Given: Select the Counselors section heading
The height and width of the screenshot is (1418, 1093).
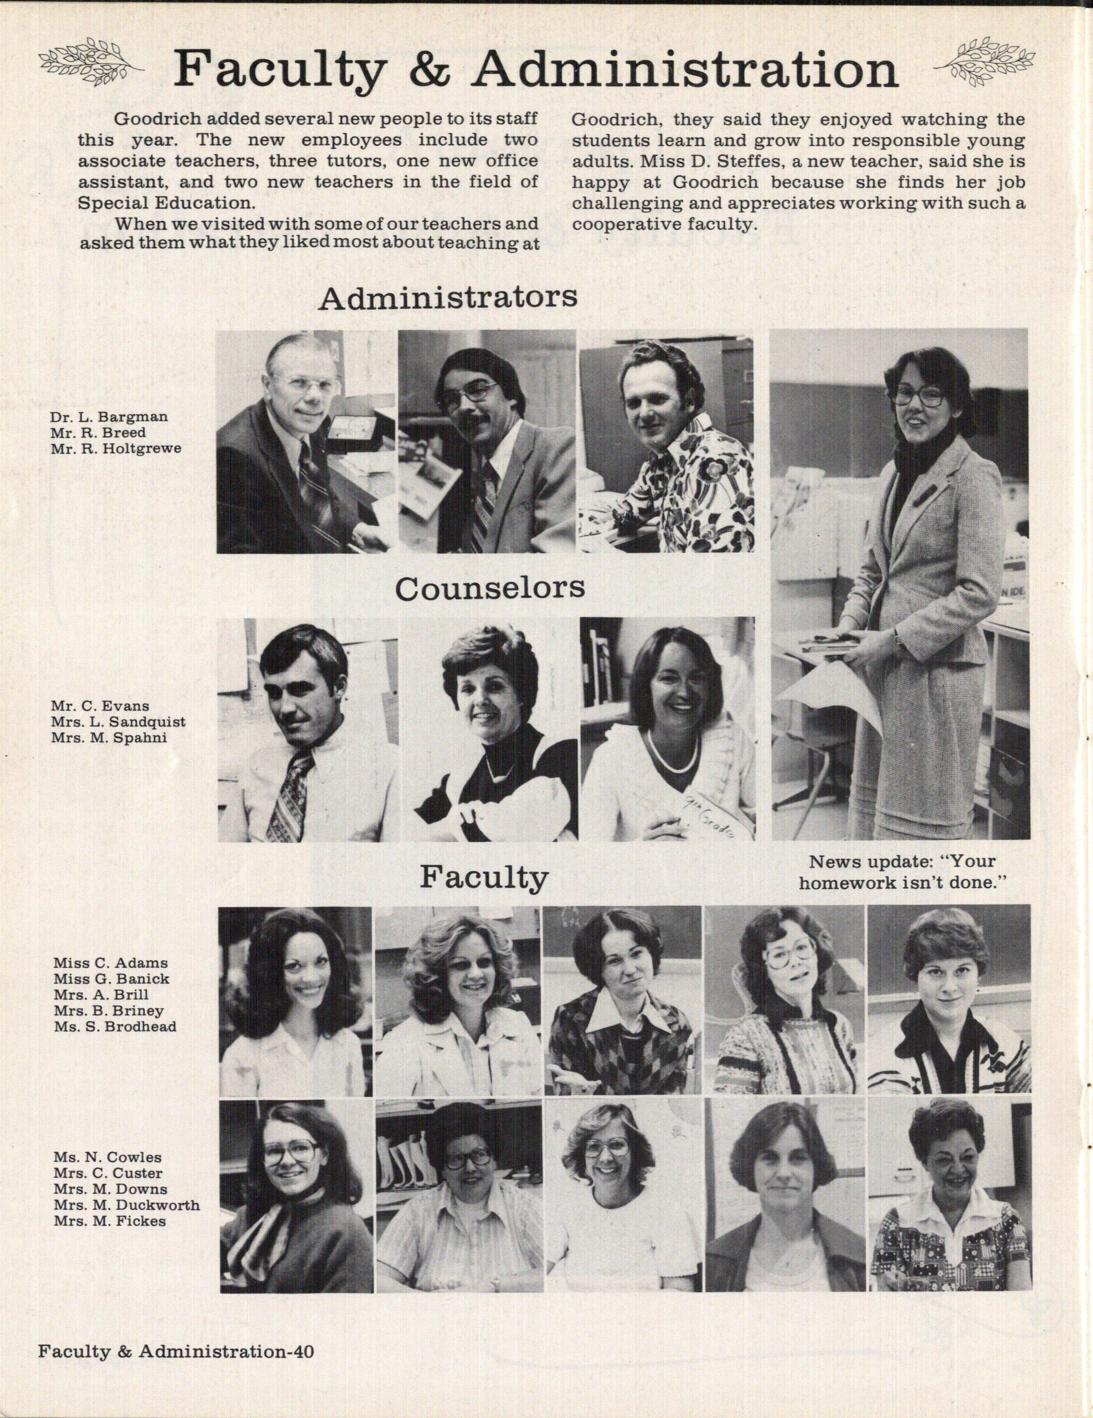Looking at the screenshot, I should (490, 588).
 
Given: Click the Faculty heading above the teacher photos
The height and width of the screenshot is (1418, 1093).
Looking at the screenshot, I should (484, 878).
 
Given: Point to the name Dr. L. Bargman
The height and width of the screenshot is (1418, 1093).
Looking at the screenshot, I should (109, 417).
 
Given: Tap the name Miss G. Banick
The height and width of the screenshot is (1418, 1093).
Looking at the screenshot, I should (112, 979).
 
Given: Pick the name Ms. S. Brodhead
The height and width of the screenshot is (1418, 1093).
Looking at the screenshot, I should (115, 1026).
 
